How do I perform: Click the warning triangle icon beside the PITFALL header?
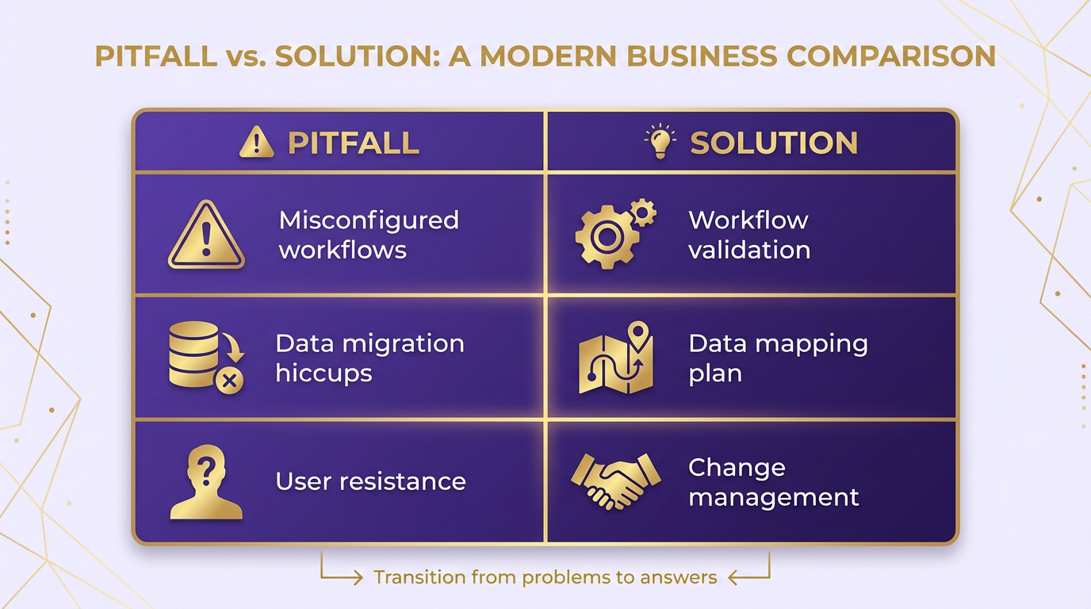click(x=257, y=142)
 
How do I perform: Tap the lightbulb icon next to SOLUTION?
click(x=660, y=141)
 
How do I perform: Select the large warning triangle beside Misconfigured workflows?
click(x=206, y=235)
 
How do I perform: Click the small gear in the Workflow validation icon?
click(x=643, y=213)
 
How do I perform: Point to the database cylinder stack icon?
click(x=193, y=354)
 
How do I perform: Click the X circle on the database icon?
click(x=229, y=381)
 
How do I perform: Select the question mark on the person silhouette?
click(x=207, y=469)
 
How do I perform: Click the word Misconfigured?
click(x=369, y=220)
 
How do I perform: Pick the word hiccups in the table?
click(x=323, y=373)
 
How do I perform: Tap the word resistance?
click(x=402, y=481)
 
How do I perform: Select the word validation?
click(x=749, y=250)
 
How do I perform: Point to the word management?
click(x=774, y=498)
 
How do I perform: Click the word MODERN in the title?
click(x=549, y=56)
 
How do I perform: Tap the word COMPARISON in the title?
click(x=891, y=56)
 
